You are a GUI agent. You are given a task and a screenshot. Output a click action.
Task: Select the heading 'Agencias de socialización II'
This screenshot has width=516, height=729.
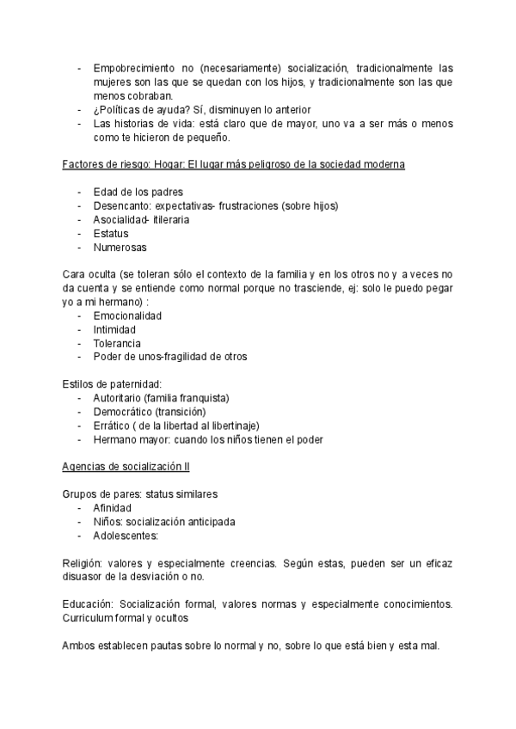[126, 467]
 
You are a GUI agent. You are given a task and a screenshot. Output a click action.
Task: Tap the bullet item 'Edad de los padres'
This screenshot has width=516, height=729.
[138, 192]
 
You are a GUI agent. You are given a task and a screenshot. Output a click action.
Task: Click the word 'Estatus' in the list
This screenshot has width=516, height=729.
[111, 233]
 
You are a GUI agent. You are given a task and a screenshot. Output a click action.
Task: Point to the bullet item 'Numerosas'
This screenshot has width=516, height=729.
[120, 247]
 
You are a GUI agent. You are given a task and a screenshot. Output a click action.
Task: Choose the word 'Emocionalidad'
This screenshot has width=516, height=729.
[127, 315]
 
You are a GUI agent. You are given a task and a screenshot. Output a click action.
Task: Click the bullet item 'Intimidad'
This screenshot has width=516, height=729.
[114, 329]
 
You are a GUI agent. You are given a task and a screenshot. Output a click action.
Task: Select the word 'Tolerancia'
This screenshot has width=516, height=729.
[117, 343]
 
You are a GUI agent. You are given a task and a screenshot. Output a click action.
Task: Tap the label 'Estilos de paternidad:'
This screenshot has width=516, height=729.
[113, 384]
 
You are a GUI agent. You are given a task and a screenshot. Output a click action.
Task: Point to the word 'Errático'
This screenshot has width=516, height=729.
[112, 426]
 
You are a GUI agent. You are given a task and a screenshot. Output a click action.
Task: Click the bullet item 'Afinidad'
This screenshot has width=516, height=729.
[112, 508]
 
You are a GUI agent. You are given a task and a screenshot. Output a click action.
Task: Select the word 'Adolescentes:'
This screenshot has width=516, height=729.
[126, 536]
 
